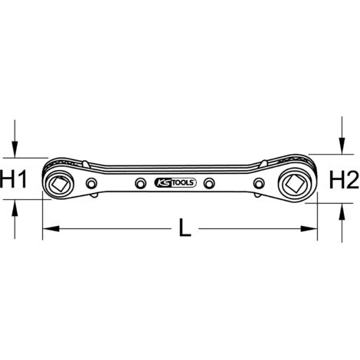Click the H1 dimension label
pos(13,179)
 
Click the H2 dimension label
pos(344,180)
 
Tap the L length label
pos(185,227)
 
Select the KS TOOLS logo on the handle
pos(175,183)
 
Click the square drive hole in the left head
pos(58,183)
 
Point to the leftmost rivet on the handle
pos(91,183)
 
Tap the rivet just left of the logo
pos(140,183)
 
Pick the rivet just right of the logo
pos(209,183)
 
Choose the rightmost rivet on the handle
pos(259,183)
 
